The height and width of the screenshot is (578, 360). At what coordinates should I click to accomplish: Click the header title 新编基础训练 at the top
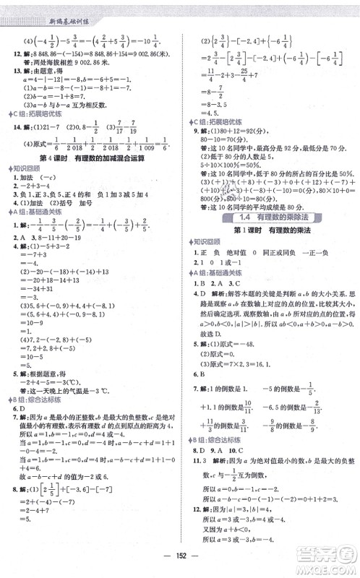[x=45, y=7]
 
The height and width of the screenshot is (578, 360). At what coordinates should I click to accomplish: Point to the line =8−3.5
[x=215, y=102]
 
